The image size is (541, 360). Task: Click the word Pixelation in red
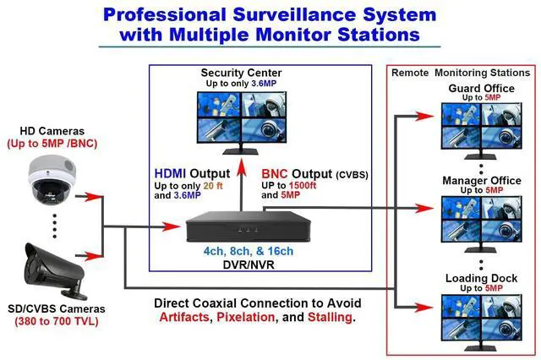249,318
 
